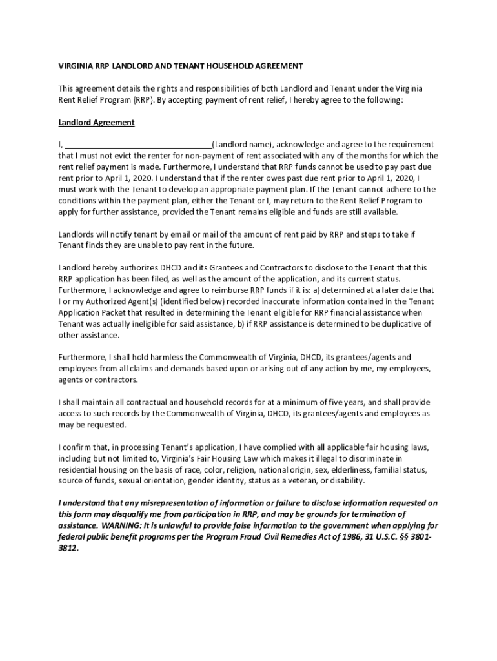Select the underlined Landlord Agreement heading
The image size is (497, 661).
(96, 122)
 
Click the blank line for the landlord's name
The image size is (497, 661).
(139, 145)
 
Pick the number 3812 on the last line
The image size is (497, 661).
(67, 548)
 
